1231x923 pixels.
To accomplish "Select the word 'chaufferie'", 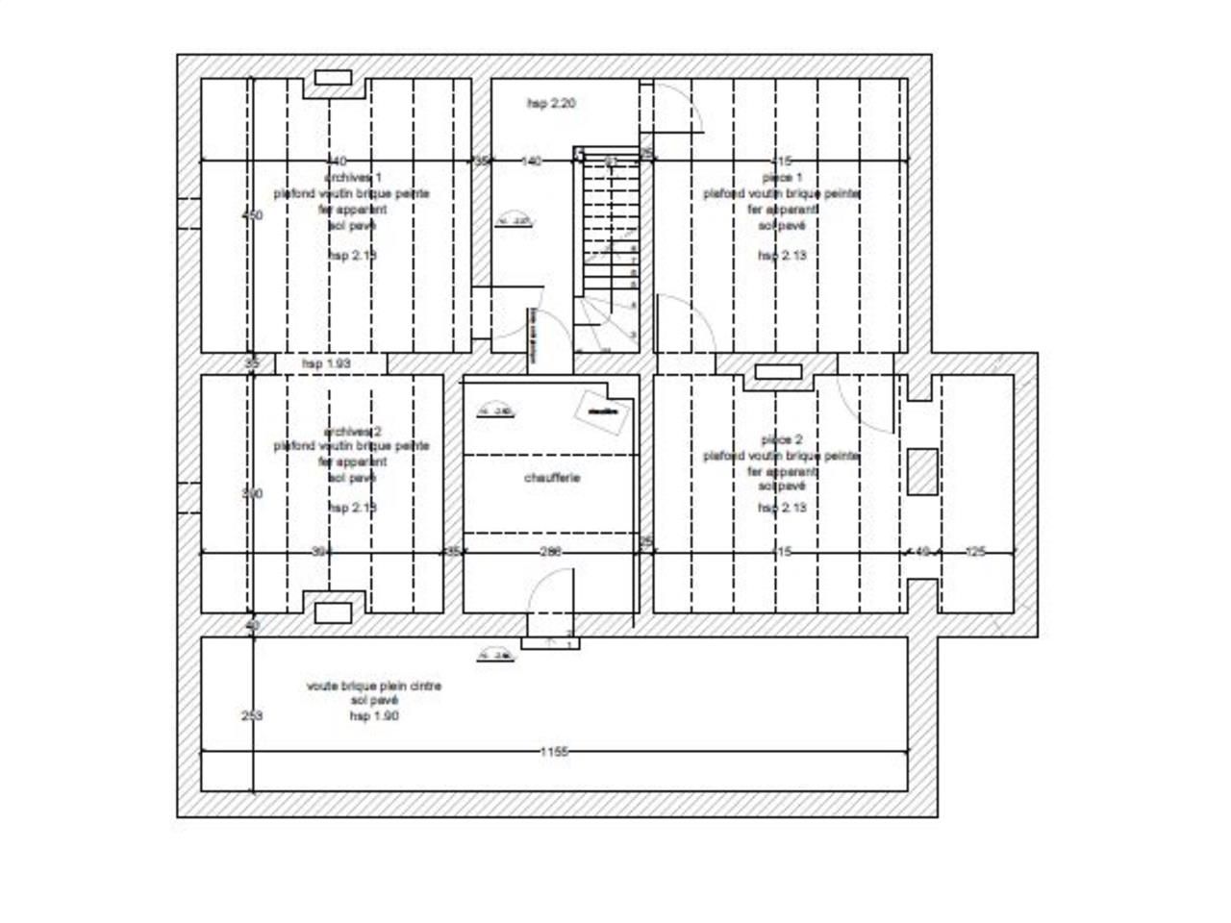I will pos(552,478).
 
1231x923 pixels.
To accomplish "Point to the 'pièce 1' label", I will pos(781,178).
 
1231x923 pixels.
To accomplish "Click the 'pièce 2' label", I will pos(781,439).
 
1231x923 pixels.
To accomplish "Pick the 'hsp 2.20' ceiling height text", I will pos(551,103).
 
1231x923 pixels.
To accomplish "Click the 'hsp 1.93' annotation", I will pos(325,364).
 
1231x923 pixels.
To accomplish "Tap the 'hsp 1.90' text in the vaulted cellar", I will pos(374,716).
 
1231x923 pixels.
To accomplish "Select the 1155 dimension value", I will pos(553,752).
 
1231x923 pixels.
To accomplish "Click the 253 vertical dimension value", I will pos(251,716).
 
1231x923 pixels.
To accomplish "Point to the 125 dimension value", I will pos(975,552).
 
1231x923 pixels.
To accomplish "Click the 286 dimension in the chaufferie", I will pos(549,552).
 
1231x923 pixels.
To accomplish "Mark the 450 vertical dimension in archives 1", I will pos(251,215).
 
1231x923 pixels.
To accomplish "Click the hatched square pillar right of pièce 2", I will pos(922,471).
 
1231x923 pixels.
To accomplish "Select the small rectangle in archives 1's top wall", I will pos(333,78).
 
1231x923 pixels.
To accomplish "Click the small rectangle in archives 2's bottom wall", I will pos(333,612).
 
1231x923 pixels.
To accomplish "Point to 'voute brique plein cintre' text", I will pos(374,686).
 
